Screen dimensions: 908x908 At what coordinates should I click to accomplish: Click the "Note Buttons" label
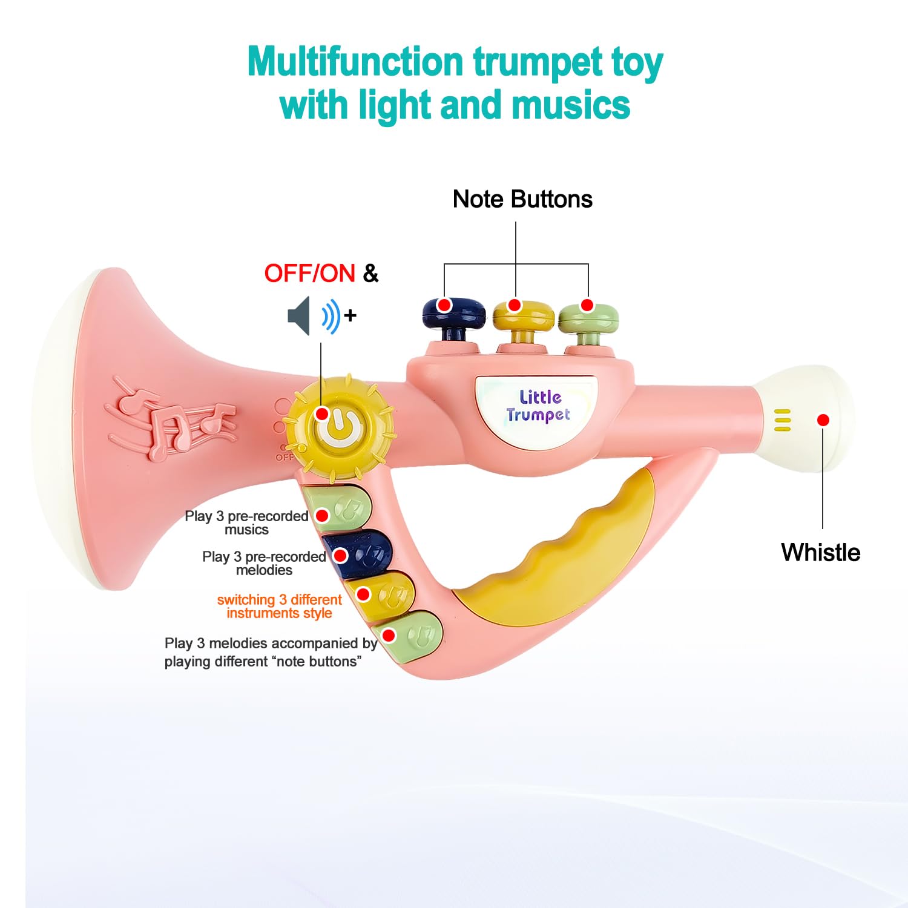tap(522, 199)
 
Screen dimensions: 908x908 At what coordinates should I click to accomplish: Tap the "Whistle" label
tap(820, 552)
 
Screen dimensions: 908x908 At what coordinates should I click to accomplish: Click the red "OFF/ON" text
tap(309, 273)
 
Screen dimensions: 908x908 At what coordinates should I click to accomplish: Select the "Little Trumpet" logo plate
tap(536, 409)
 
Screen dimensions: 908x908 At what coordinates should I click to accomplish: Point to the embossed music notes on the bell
tap(171, 418)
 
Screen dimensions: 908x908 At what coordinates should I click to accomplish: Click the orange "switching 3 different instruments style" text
tap(279, 606)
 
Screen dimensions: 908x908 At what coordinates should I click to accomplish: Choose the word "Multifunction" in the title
tap(355, 62)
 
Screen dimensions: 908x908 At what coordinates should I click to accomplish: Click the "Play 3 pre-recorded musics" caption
tap(246, 522)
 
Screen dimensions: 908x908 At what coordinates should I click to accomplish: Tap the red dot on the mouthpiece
tap(823, 419)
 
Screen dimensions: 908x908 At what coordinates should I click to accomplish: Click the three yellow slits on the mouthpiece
tap(782, 420)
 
